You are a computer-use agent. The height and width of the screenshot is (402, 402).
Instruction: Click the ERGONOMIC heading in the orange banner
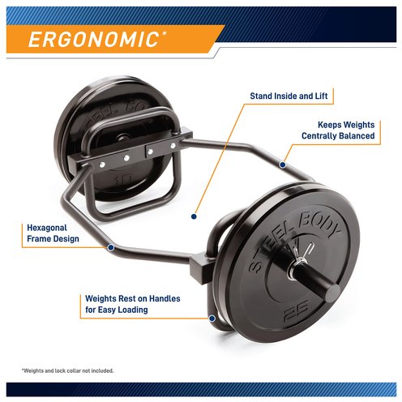(x=93, y=40)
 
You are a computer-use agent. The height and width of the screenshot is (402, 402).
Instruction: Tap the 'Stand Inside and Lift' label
(x=289, y=96)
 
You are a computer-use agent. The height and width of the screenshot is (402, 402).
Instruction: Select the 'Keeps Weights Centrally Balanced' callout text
(x=338, y=130)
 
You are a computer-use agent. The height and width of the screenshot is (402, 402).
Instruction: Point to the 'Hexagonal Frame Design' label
(x=53, y=233)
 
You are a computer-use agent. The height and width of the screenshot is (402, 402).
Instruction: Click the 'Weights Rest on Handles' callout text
(x=133, y=304)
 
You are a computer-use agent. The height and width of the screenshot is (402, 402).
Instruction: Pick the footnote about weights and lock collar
(x=67, y=370)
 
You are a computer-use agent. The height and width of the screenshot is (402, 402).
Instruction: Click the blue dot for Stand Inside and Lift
(x=194, y=216)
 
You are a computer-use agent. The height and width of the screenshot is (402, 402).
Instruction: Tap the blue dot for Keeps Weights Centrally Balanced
(x=282, y=165)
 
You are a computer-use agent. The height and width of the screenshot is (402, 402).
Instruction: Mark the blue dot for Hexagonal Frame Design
(x=111, y=247)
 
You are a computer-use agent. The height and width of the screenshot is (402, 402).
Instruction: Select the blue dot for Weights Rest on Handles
(x=212, y=319)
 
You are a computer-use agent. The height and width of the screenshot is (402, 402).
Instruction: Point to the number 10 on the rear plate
(x=123, y=180)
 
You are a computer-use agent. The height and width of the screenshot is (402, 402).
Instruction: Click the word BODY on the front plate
(x=319, y=225)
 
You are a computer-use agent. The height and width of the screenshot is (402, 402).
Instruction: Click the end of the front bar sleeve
(x=332, y=293)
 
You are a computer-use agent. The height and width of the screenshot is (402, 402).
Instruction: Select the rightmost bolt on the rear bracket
(x=173, y=146)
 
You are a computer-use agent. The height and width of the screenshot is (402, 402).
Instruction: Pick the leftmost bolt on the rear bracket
(x=102, y=165)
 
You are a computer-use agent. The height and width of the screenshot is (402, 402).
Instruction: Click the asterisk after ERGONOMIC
(x=164, y=33)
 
